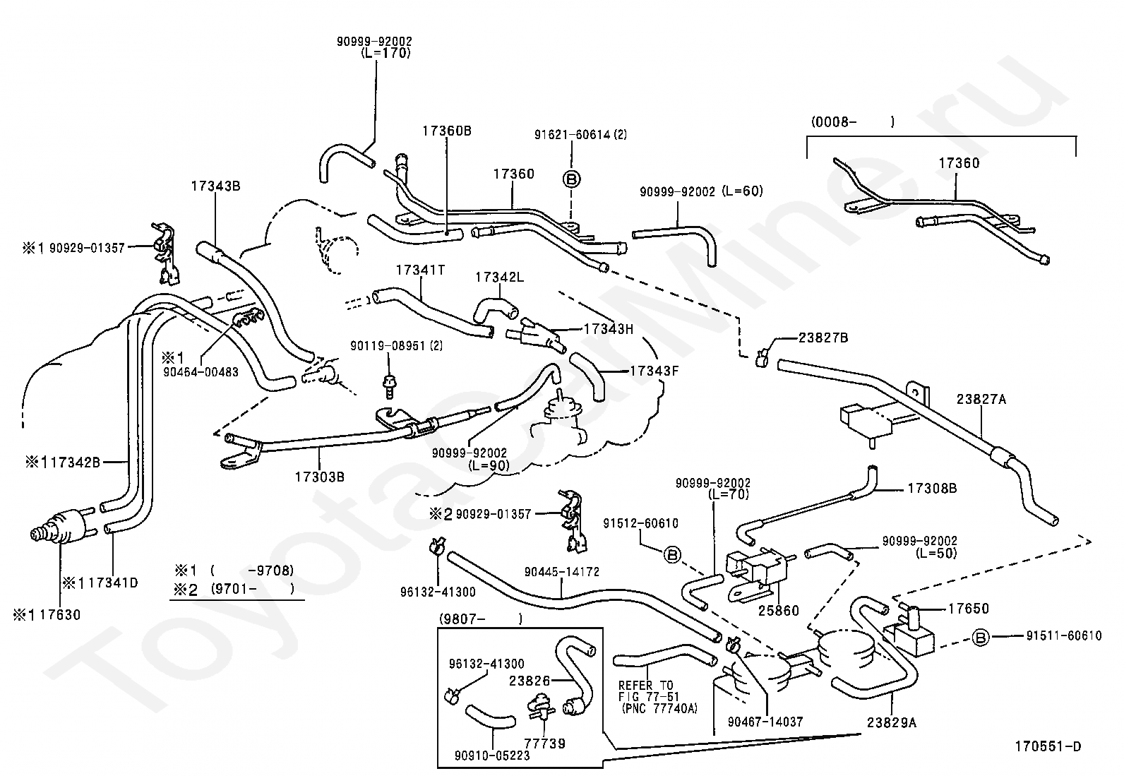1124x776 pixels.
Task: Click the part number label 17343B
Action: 215,186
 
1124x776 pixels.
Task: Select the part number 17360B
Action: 447,131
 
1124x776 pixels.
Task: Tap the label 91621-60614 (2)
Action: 580,135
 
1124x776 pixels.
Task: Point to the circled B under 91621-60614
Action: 572,179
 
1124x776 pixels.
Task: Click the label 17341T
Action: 420,270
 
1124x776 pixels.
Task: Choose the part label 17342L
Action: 499,277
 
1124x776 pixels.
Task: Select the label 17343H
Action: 608,329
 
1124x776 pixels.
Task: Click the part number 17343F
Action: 654,371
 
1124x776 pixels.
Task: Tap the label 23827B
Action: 823,338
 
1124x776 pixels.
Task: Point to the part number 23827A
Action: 981,400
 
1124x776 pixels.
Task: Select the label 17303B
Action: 320,477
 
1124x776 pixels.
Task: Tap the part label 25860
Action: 778,611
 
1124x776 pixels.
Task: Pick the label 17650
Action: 968,609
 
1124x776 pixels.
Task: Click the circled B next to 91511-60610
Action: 980,638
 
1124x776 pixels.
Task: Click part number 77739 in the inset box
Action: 544,744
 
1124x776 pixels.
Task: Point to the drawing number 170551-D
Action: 1048,746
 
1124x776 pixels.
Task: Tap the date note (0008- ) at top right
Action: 853,122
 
